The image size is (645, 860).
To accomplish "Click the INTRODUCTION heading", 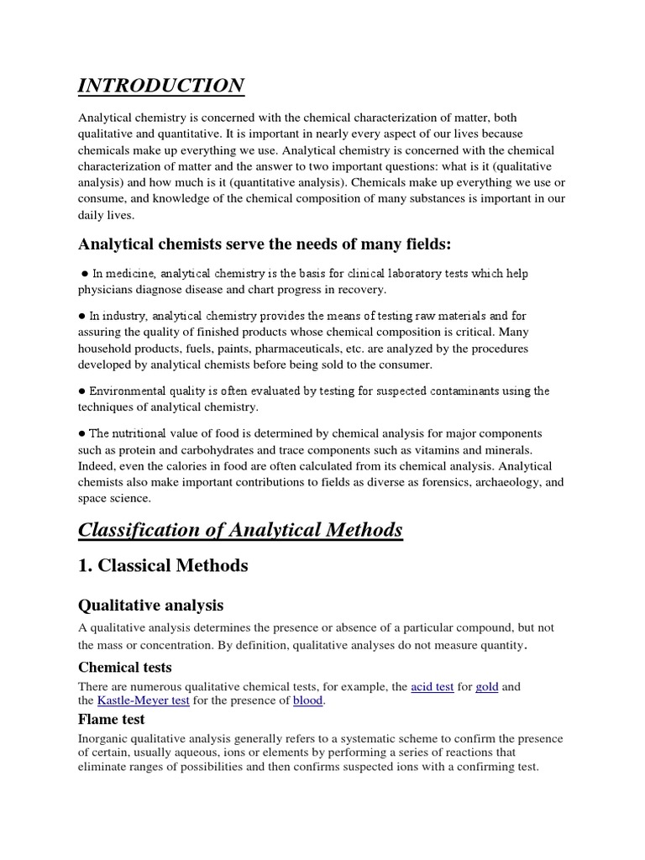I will (161, 86).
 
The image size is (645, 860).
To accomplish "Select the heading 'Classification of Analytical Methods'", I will (240, 530).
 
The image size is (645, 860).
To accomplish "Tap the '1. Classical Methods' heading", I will (163, 565).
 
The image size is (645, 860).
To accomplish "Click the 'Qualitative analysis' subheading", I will (151, 606).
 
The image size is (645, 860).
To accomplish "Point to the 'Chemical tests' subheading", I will (125, 667).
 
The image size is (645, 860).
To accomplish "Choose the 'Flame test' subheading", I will (112, 719).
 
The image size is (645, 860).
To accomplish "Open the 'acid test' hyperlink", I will (433, 686).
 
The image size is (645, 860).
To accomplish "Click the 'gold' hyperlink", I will (487, 686).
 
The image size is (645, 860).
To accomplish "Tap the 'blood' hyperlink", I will (307, 700).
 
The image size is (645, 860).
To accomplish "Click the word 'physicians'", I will (106, 290).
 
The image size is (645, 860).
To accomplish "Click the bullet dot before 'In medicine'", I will (86, 274).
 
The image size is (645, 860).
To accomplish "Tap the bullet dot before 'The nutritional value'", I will (81, 433).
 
